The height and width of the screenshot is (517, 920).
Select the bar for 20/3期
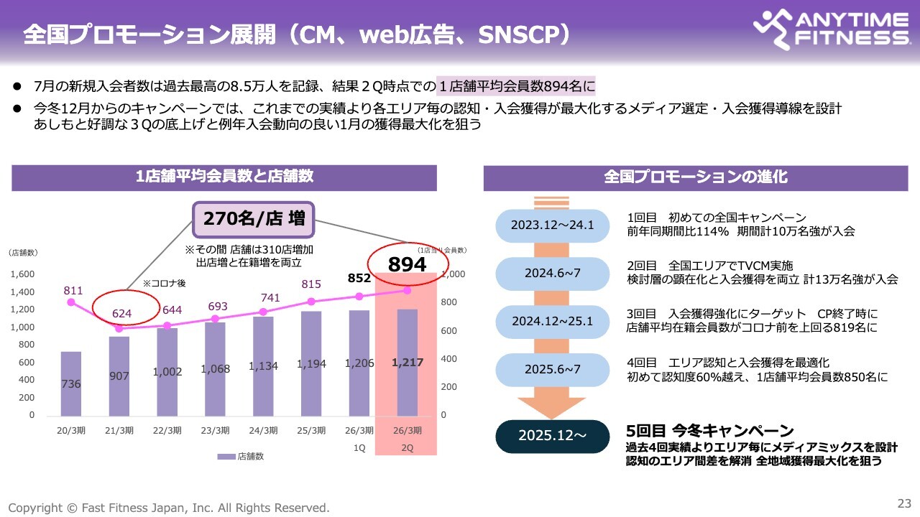[x=70, y=383]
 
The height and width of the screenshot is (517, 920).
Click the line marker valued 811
[x=70, y=302]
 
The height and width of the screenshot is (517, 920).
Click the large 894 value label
[x=407, y=264]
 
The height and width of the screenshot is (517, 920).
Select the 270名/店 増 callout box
[x=254, y=219]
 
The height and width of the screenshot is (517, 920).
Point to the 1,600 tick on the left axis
[x=23, y=274]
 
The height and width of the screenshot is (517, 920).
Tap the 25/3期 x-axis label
[x=311, y=431]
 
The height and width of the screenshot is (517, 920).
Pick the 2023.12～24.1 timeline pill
[x=552, y=225]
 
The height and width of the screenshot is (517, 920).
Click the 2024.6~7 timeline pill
[x=552, y=273]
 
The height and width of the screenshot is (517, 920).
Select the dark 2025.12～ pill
[x=552, y=436]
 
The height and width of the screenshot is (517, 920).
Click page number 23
[x=903, y=502]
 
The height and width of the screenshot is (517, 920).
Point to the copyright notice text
[x=169, y=507]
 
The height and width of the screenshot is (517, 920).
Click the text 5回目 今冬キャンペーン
[x=710, y=431]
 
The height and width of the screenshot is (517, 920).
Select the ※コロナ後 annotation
[x=165, y=284]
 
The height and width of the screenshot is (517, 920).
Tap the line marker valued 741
[x=263, y=312]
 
